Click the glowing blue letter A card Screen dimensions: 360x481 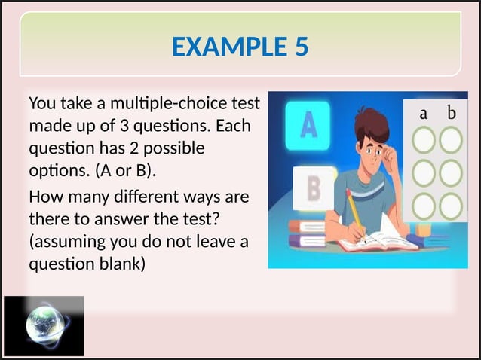308,125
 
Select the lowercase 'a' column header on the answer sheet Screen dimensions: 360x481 424,114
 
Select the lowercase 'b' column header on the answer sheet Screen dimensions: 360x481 452,114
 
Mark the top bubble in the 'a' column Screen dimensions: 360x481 424,140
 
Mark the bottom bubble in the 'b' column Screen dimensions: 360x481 451,205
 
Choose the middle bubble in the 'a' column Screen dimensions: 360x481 424,172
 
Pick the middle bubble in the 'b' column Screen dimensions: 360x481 451,172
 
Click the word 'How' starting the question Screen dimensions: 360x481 44,198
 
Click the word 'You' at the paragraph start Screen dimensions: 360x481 42,102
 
